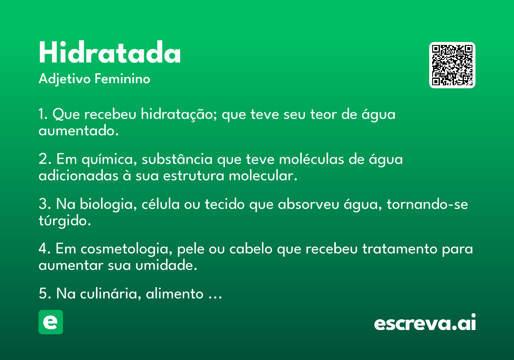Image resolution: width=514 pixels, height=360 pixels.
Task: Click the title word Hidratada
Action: click(110, 52)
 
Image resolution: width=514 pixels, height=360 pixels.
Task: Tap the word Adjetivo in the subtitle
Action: click(65, 79)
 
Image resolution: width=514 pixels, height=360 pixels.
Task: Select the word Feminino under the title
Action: click(123, 78)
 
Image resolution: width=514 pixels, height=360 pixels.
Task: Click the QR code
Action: click(452, 65)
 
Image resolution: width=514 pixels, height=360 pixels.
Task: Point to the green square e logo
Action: click(51, 322)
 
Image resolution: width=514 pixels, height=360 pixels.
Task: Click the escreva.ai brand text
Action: click(425, 322)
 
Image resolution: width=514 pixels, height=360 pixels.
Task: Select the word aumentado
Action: click(78, 131)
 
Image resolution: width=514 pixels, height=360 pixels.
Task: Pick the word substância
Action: click(177, 159)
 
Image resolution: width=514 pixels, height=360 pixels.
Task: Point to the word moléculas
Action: click(311, 159)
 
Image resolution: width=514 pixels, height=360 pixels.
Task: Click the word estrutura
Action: click(194, 176)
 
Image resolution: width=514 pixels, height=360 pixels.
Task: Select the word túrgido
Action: click(65, 221)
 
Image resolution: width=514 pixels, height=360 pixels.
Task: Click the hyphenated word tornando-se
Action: click(427, 204)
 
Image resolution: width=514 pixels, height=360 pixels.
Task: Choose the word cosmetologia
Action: click(126, 249)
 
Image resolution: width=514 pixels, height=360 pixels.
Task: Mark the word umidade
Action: click(166, 265)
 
